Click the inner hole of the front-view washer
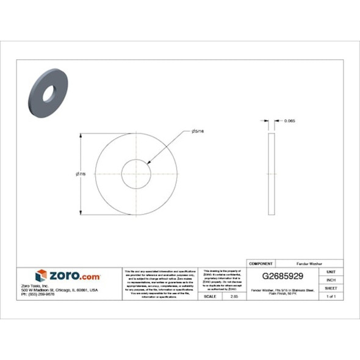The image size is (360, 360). [136, 175]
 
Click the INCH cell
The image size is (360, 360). [331, 279]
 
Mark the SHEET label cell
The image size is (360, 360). [331, 287]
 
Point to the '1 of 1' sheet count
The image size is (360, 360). [331, 296]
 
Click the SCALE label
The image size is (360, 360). [209, 296]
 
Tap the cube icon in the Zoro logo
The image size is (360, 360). [41, 275]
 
